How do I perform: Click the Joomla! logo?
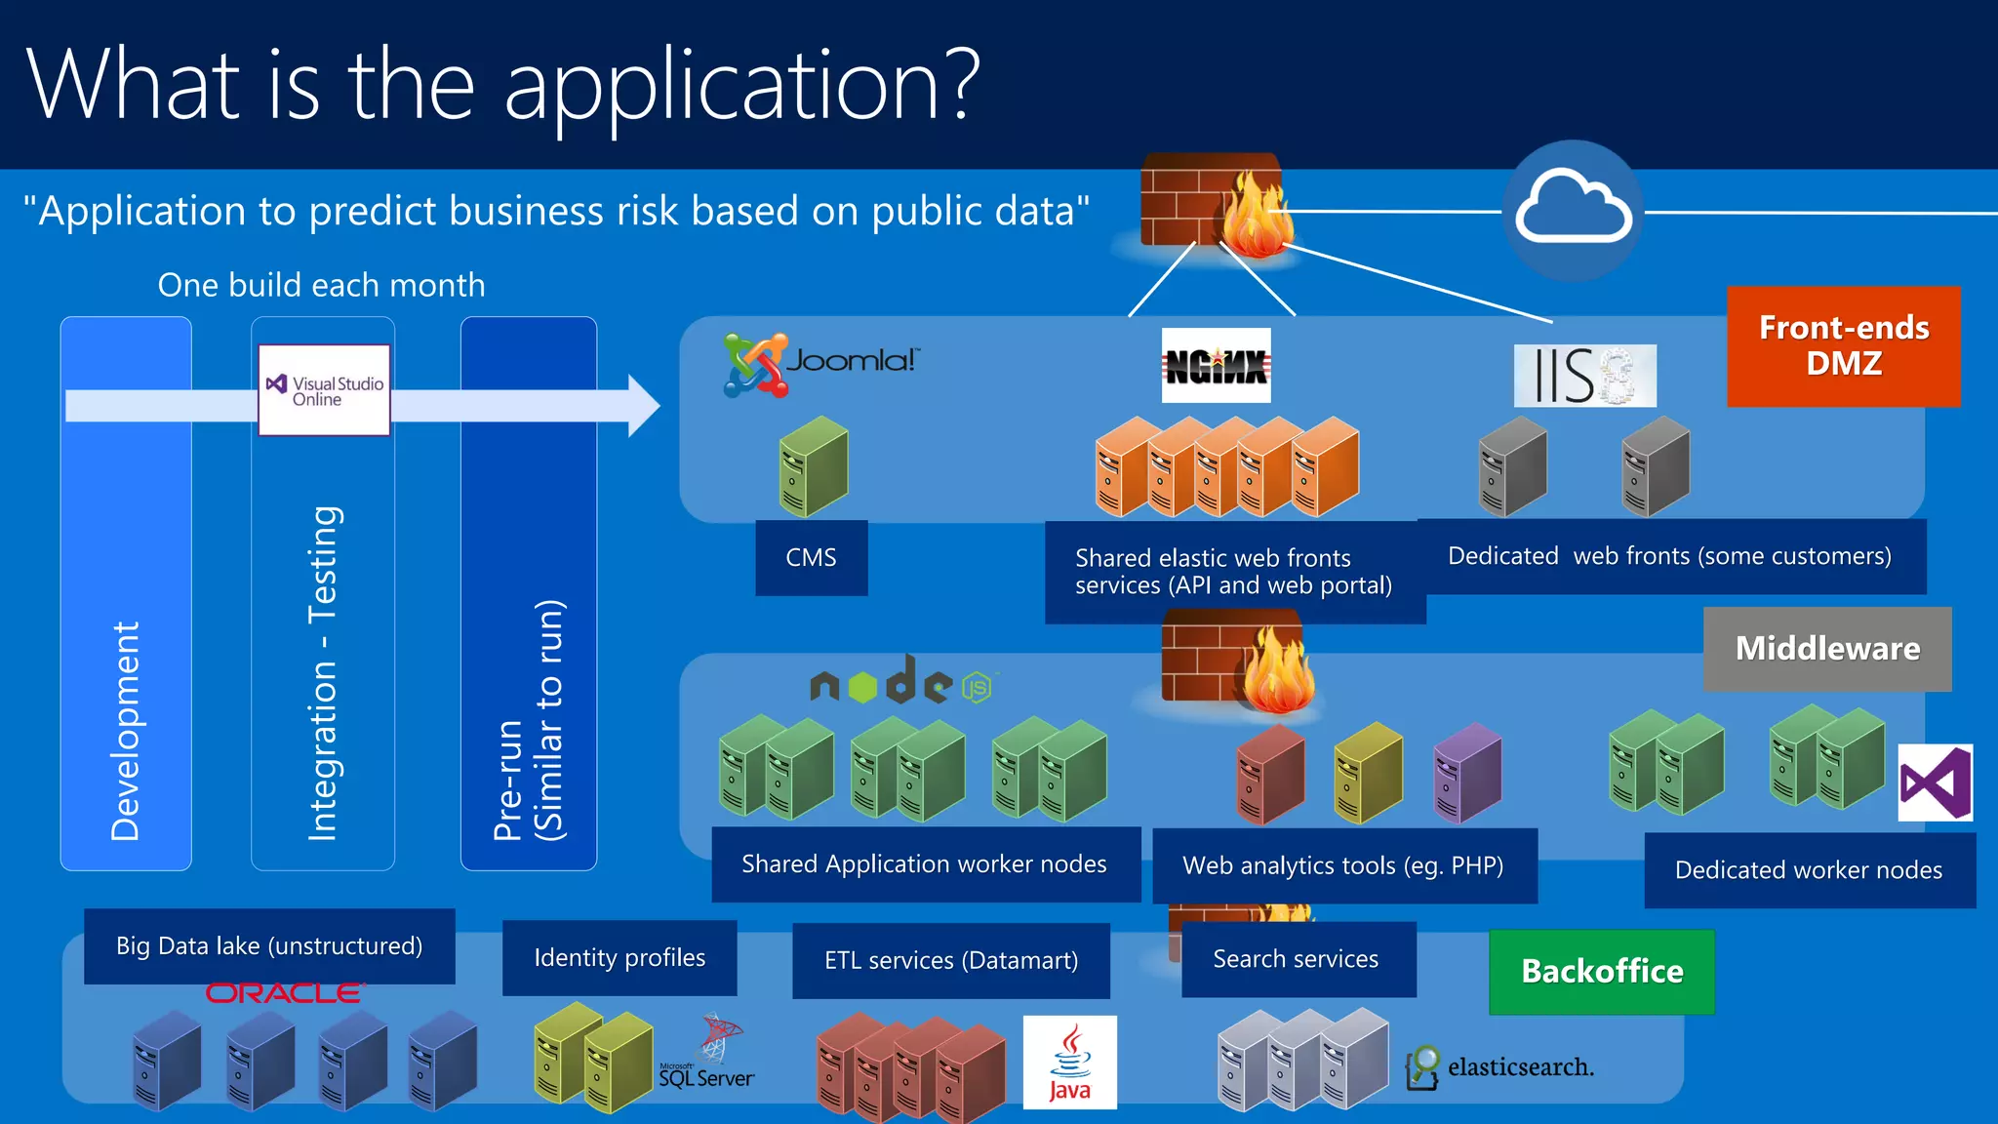[819, 364]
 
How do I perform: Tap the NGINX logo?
[1216, 366]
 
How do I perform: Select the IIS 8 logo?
[1584, 376]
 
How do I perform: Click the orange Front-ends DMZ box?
[1843, 346]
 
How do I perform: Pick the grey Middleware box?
[1827, 649]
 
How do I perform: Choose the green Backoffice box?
[1602, 972]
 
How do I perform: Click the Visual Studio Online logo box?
[325, 390]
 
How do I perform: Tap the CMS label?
[811, 558]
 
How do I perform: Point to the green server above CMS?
[813, 466]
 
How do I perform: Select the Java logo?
[1069, 1063]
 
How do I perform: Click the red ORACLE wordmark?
[284, 993]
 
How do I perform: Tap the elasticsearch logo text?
[1519, 1067]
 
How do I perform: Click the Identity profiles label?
[619, 958]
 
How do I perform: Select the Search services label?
[1297, 959]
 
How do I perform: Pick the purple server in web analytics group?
[1466, 773]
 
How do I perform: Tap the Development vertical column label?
[125, 732]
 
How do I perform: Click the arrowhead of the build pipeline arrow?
[644, 405]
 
